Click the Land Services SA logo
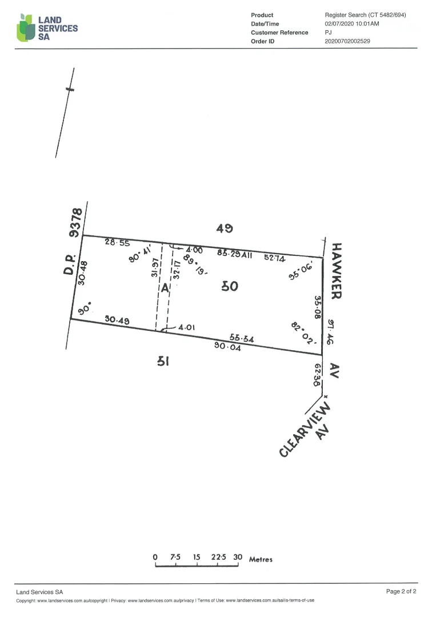click(47, 27)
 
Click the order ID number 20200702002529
click(347, 41)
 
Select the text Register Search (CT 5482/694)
click(365, 15)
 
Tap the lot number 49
click(224, 228)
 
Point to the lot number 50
click(229, 286)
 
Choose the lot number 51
click(163, 361)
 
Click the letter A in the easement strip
click(165, 289)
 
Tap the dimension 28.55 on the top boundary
click(117, 242)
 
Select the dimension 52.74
click(274, 258)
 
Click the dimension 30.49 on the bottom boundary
click(117, 320)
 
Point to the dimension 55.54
click(242, 338)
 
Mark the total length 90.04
click(227, 346)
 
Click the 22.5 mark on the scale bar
click(218, 557)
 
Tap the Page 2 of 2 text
click(401, 591)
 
